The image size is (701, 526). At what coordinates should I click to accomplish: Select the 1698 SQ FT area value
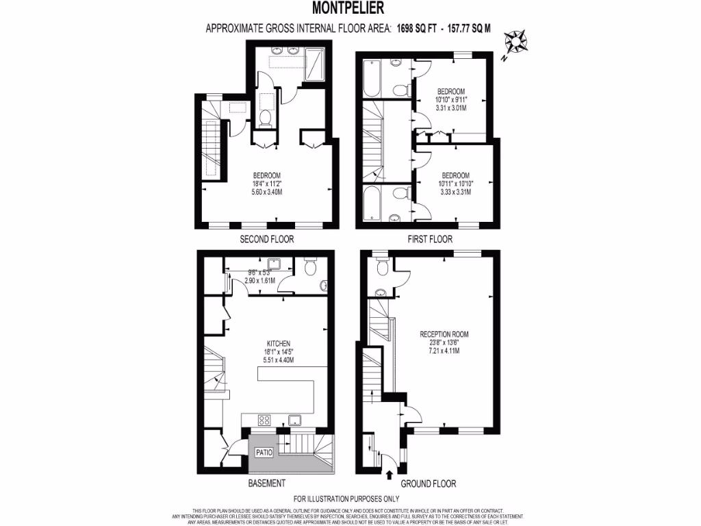pyautogui.click(x=419, y=28)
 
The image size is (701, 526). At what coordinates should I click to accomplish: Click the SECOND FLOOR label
pyautogui.click(x=266, y=240)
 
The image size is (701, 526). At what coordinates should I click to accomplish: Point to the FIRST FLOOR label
pyautogui.click(x=424, y=240)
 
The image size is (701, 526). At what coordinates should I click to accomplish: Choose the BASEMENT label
pyautogui.click(x=266, y=484)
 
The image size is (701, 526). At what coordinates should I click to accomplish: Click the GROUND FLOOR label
pyautogui.click(x=429, y=484)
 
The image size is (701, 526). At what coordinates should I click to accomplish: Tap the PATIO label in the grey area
pyautogui.click(x=264, y=453)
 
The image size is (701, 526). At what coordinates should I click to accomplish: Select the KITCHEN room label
pyautogui.click(x=279, y=343)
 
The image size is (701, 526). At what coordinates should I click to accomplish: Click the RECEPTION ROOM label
pyautogui.click(x=444, y=334)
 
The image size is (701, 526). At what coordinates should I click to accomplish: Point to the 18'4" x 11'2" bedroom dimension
pyautogui.click(x=266, y=184)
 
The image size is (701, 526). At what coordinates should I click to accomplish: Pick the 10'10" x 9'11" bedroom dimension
pyautogui.click(x=451, y=100)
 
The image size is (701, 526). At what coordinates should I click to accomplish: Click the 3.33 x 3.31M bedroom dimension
pyautogui.click(x=455, y=192)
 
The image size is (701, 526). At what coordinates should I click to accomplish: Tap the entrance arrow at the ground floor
pyautogui.click(x=390, y=474)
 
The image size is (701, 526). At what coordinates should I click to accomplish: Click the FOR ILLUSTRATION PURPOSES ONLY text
pyautogui.click(x=346, y=499)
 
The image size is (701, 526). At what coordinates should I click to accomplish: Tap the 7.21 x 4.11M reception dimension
pyautogui.click(x=444, y=351)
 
